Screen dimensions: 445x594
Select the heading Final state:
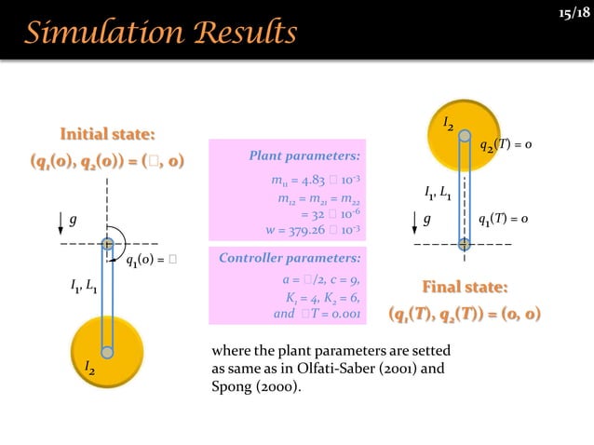465,285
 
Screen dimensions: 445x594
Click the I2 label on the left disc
90,370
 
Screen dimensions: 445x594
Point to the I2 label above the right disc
448,122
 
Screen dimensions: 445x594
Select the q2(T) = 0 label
506,146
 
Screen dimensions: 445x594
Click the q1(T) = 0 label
503,220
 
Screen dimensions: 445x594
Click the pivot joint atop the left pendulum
108,244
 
